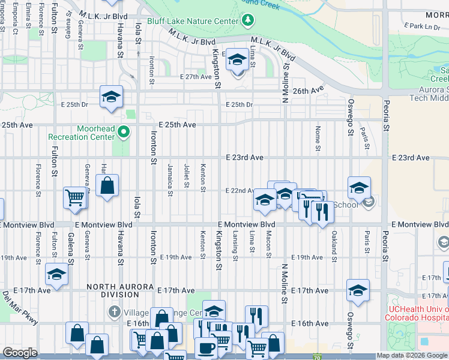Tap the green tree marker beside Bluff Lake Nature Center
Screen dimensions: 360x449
pyautogui.click(x=248, y=22)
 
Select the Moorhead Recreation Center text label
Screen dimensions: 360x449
pyautogui.click(x=80, y=133)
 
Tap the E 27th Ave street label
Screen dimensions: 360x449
pyautogui.click(x=196, y=77)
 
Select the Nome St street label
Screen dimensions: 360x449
pyautogui.click(x=318, y=139)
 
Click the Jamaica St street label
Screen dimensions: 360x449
pyautogui.click(x=170, y=175)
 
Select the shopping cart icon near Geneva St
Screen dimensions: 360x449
pyautogui.click(x=75, y=197)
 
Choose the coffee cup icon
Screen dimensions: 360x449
pyautogui.click(x=206, y=347)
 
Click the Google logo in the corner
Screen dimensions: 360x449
pyautogui.click(x=20, y=353)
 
